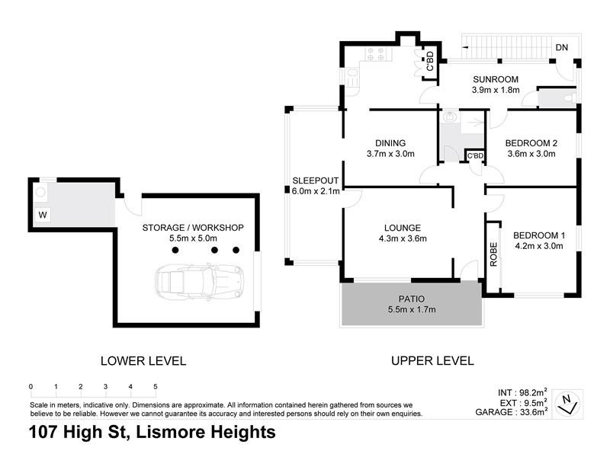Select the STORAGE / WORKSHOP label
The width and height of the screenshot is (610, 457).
[193, 227]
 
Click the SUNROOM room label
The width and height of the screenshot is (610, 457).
[495, 79]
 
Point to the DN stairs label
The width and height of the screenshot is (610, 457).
[562, 48]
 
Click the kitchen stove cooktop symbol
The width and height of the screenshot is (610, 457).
[374, 54]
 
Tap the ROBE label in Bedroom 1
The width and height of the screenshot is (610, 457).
[493, 254]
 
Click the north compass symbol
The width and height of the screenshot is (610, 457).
[566, 402]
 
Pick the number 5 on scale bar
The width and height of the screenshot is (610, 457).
[156, 387]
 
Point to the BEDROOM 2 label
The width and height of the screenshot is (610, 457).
[533, 142]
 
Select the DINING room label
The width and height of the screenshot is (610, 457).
[390, 142]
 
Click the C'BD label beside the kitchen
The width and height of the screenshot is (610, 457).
[430, 61]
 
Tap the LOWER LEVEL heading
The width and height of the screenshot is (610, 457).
[144, 360]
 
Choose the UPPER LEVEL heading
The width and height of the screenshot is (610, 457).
[432, 360]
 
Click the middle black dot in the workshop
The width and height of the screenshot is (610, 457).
[215, 250]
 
